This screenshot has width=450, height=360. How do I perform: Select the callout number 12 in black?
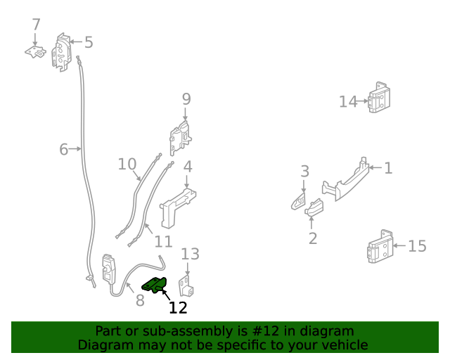click(x=178, y=307)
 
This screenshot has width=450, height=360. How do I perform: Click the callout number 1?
click(x=388, y=168)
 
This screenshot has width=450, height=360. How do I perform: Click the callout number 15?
click(x=417, y=246)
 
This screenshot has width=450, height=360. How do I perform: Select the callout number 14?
click(x=348, y=102)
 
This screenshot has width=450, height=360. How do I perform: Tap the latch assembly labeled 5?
click(x=62, y=52)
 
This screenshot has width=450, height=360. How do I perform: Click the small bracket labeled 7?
click(x=36, y=52)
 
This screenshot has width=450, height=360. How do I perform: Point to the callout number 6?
click(x=63, y=149)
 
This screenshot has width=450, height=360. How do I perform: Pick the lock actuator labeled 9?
click(x=180, y=137)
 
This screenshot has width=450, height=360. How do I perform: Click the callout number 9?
click(x=186, y=99)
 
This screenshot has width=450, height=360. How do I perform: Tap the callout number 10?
click(x=127, y=164)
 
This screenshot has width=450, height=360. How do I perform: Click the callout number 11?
click(x=163, y=242)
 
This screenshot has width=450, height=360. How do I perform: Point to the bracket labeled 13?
click(x=186, y=285)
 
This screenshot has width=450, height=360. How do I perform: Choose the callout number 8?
click(x=140, y=300)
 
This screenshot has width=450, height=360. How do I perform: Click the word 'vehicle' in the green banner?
click(x=343, y=345)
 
